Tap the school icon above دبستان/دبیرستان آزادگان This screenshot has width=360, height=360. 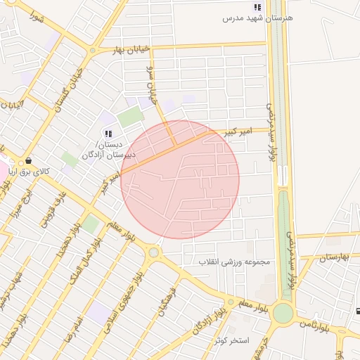(108, 133)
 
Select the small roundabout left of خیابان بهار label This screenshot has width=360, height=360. (92, 50)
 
